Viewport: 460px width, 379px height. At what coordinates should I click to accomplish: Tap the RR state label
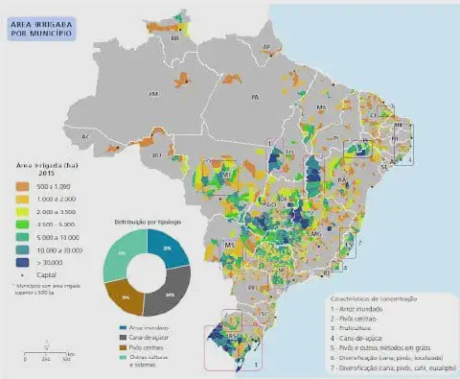click(174, 40)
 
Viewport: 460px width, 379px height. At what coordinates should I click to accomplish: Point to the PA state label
click(255, 98)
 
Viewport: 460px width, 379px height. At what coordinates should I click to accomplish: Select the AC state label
click(86, 137)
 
